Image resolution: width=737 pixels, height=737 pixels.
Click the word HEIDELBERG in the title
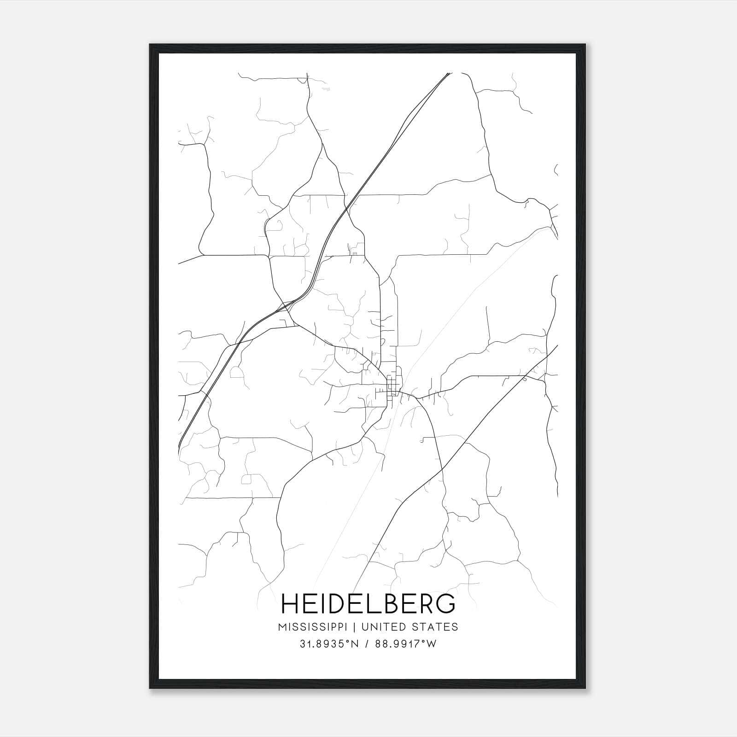pyautogui.click(x=368, y=604)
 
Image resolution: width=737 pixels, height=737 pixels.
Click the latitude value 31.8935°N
pyautogui.click(x=328, y=644)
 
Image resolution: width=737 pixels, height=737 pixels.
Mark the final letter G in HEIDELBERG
pyautogui.click(x=445, y=604)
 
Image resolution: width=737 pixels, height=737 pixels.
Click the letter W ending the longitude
pyautogui.click(x=432, y=644)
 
